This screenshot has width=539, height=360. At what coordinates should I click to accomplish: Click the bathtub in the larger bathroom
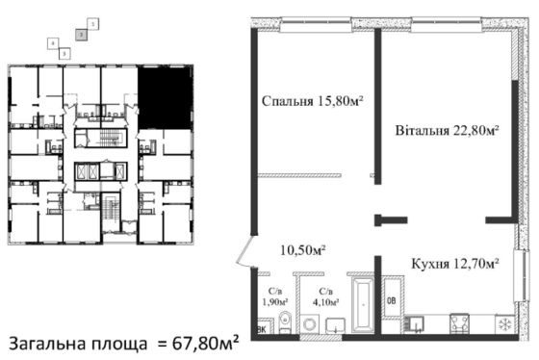coord(365,307)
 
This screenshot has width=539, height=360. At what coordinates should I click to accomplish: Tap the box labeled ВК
coord(260,329)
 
